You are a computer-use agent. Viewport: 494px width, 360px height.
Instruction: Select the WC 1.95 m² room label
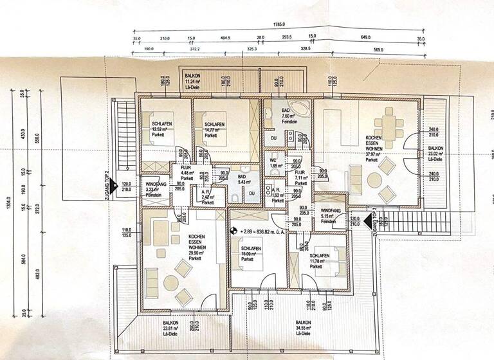273,162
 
